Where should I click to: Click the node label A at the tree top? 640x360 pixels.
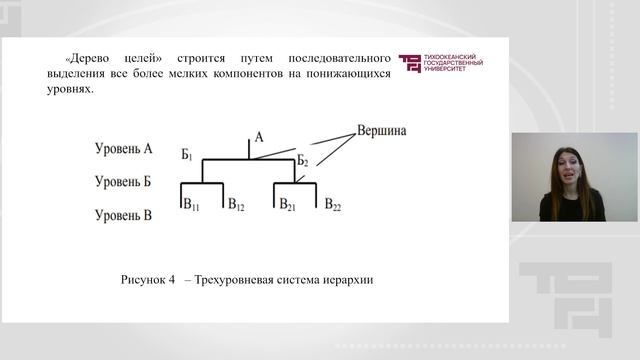pos(258,138)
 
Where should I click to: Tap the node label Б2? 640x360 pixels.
pos(303,160)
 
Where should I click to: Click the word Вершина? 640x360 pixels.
pos(381,131)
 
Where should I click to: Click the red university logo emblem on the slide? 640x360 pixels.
pos(409,64)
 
